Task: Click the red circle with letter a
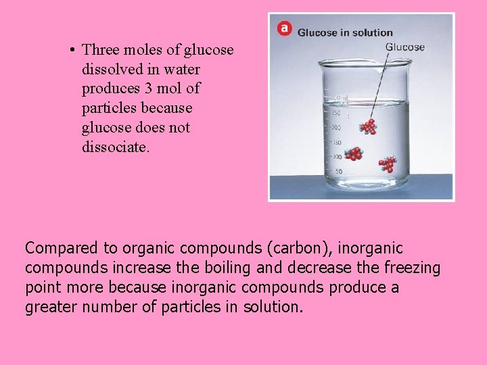(x=283, y=28)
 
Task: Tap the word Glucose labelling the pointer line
(x=404, y=47)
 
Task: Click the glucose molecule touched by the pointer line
(x=369, y=126)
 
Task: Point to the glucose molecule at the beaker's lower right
(x=388, y=164)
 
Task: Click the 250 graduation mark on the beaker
(x=335, y=113)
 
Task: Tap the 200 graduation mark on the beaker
(x=335, y=128)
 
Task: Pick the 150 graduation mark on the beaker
(x=335, y=143)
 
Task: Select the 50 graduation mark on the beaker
(x=338, y=172)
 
